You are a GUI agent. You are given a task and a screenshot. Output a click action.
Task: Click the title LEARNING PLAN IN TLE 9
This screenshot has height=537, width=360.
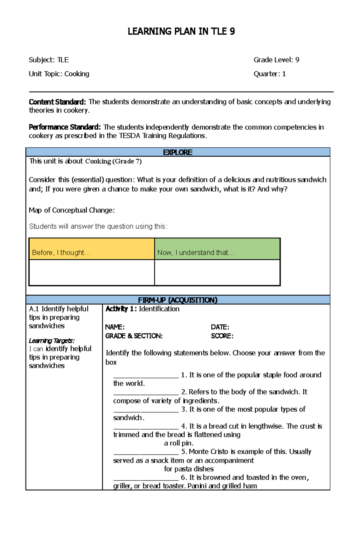(181, 31)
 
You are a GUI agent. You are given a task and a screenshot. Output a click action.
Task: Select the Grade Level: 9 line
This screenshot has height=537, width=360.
(276, 60)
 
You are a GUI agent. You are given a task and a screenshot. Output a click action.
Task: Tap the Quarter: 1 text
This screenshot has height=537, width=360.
(269, 74)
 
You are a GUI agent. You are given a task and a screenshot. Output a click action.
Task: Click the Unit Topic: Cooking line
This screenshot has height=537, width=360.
(59, 74)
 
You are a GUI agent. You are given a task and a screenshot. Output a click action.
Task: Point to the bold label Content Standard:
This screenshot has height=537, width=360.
(57, 102)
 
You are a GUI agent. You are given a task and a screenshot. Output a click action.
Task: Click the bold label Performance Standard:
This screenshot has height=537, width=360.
(64, 127)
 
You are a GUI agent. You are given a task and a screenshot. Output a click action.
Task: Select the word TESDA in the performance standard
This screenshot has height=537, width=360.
(130, 136)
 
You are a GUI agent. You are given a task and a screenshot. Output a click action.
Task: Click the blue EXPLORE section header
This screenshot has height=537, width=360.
(178, 152)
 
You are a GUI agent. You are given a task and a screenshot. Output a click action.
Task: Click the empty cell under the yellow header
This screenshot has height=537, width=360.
(91, 272)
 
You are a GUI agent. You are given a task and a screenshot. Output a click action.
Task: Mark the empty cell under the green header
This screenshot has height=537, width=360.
(217, 272)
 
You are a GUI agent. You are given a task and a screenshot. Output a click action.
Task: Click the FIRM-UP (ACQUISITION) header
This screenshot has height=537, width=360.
(178, 300)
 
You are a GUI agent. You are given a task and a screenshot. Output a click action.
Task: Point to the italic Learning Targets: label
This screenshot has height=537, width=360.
(52, 341)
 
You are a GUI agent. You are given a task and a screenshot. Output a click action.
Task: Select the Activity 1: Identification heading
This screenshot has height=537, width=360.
(142, 309)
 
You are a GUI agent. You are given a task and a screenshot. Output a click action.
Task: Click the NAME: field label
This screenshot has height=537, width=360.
(115, 327)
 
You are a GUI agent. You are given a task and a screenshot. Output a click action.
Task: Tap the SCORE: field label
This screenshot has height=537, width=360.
(222, 336)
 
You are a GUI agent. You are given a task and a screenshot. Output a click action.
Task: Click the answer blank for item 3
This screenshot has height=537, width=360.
(146, 410)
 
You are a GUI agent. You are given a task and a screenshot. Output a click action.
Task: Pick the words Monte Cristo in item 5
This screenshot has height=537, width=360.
(208, 452)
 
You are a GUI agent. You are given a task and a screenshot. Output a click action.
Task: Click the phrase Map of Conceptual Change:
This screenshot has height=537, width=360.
(72, 210)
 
